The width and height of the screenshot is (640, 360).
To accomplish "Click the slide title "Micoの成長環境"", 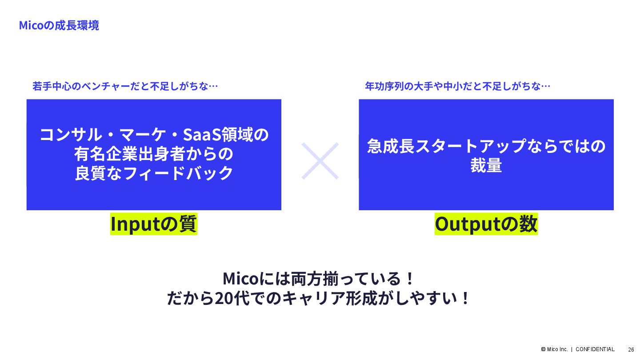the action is click(59, 25).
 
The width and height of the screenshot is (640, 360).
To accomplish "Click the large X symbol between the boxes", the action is click(320, 160).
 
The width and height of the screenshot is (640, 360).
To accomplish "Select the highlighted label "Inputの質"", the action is click(154, 224).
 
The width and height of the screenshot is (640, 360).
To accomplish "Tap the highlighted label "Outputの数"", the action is click(486, 224).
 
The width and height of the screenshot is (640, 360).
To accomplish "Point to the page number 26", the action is click(631, 349).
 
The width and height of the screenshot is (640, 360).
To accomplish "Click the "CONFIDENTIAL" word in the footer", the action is click(595, 349).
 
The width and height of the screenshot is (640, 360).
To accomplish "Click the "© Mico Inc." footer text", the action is click(554, 349).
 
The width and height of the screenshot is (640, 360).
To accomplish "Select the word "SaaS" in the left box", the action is click(205, 134).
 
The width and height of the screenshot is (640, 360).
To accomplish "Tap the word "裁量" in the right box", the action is click(486, 165).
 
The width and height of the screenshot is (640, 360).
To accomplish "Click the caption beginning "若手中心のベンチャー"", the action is click(125, 86).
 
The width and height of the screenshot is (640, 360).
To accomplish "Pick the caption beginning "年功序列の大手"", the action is click(457, 86).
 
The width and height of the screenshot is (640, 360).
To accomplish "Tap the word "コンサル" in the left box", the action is click(67, 134).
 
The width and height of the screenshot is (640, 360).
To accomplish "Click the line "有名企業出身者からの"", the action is click(154, 154).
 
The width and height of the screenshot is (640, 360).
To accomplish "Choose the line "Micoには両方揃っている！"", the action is click(319, 279).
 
